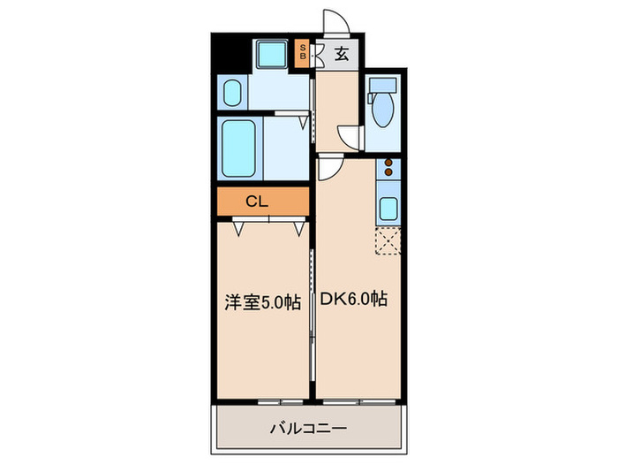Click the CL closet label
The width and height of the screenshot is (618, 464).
[256, 201]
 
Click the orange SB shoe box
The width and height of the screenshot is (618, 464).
[302, 52]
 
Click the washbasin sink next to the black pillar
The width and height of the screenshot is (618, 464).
[232, 93]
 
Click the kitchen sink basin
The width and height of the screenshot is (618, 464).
[388, 210]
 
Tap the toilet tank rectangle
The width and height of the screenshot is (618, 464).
[383, 86]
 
